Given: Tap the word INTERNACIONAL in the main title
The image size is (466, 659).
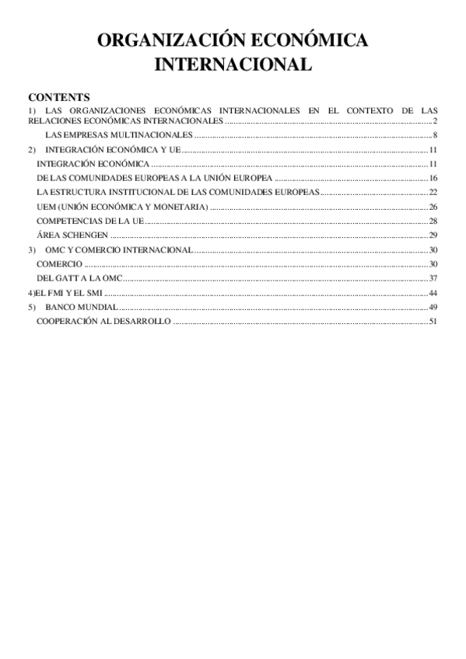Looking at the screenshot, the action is pos(233,65).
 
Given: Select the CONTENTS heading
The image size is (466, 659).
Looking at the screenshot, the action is pos(59,98).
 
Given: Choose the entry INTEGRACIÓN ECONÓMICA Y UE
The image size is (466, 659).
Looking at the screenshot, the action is pos(113,150).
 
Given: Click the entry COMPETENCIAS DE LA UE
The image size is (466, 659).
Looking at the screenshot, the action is pos(90,221).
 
